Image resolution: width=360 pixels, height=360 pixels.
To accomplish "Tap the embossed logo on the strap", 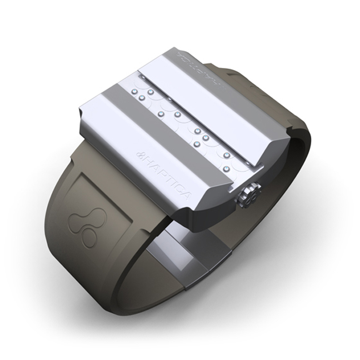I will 84,225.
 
